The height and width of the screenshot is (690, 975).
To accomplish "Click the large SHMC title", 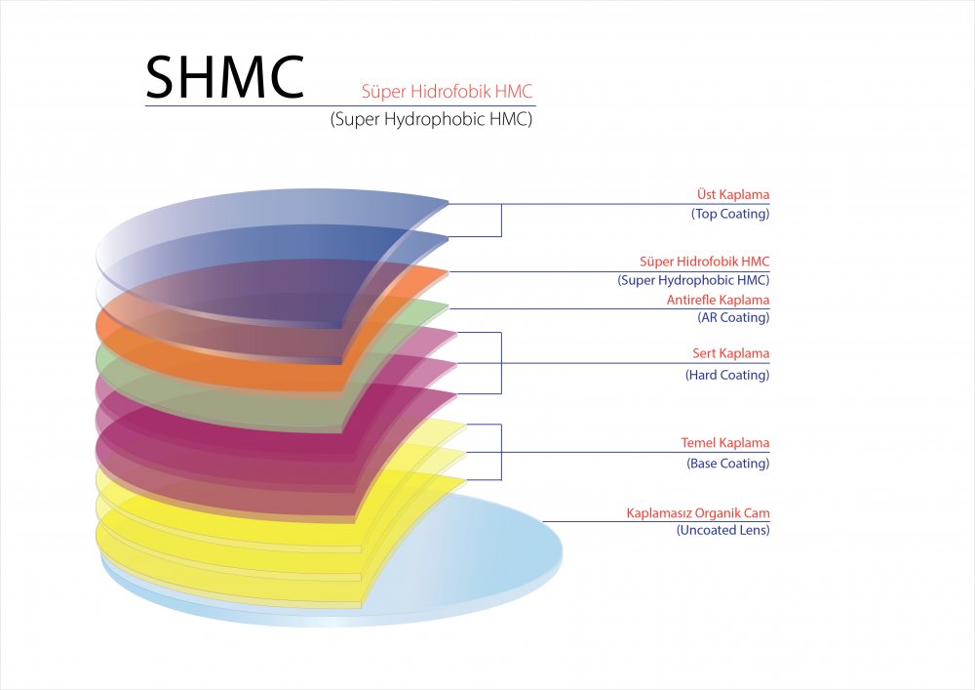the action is click(225, 77).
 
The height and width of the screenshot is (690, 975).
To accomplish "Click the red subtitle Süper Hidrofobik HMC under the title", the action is click(448, 92).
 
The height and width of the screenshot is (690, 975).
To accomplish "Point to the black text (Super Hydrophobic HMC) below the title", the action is click(432, 119).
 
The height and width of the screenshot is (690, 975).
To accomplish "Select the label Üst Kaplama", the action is click(732, 194).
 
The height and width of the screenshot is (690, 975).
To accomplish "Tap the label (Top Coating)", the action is click(730, 214).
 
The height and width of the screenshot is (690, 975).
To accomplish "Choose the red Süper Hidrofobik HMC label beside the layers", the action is click(705, 262).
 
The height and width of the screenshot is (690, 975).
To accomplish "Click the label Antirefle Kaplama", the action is click(719, 300).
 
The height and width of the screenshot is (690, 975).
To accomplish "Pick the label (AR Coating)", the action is click(733, 317).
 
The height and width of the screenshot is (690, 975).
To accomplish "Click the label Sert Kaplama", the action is click(730, 353).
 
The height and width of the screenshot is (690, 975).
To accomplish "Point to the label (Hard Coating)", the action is click(727, 375).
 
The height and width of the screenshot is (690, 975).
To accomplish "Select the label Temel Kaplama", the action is click(725, 443).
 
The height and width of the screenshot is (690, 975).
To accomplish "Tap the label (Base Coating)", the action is click(728, 463).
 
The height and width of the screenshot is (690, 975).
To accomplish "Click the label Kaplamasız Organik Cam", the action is click(698, 513).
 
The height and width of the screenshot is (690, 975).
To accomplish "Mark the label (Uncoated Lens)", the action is click(723, 530).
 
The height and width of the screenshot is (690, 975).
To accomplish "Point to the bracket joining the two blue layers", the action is click(501, 221).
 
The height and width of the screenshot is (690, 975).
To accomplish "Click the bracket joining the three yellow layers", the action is click(501, 452).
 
